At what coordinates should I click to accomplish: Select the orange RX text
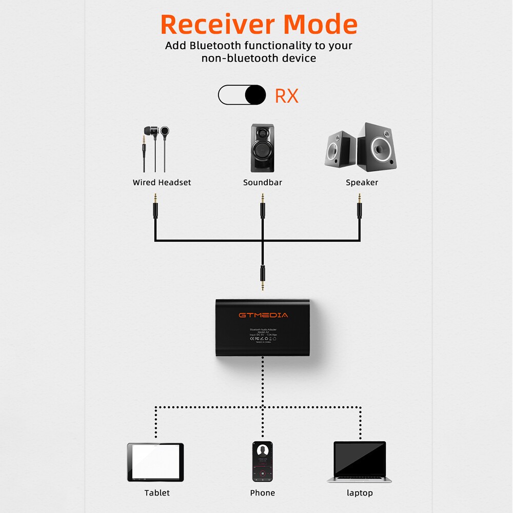(x=286, y=96)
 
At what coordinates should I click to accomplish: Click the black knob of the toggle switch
(x=255, y=95)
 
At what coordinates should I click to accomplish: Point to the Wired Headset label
(x=162, y=183)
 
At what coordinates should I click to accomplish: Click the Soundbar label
(x=263, y=183)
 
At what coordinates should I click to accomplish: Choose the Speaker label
(x=362, y=183)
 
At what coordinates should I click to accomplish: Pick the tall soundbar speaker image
(x=262, y=148)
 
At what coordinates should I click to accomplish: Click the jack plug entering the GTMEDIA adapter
(x=263, y=278)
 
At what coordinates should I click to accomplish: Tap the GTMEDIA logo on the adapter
(x=263, y=314)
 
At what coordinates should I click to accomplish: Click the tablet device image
(x=155, y=462)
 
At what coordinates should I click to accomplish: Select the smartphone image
(x=263, y=461)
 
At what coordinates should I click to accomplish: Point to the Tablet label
(x=157, y=493)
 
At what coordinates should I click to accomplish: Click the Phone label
(x=263, y=493)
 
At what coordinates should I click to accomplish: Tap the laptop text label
(x=360, y=493)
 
